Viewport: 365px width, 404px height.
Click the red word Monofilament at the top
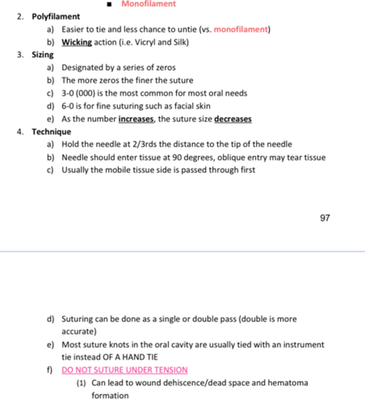tap(148, 4)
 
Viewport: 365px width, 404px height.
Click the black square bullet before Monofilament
tap(109, 5)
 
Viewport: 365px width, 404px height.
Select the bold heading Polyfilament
tap(56, 16)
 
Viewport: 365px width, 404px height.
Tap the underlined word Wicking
tap(76, 42)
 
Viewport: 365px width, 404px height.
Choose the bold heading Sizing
tap(43, 55)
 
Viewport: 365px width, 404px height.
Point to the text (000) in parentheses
tap(85, 93)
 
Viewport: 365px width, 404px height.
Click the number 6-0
tap(68, 106)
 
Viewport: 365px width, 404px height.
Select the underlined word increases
tap(136, 119)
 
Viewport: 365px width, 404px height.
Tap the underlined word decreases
tap(233, 119)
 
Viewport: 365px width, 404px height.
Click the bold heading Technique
tap(52, 132)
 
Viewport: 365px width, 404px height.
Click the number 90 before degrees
tap(177, 157)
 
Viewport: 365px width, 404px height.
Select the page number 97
tap(325, 218)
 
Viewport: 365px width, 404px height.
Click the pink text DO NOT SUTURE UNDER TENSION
tap(125, 370)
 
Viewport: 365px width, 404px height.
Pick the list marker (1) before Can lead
tap(81, 383)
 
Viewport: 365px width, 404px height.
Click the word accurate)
tap(79, 332)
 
